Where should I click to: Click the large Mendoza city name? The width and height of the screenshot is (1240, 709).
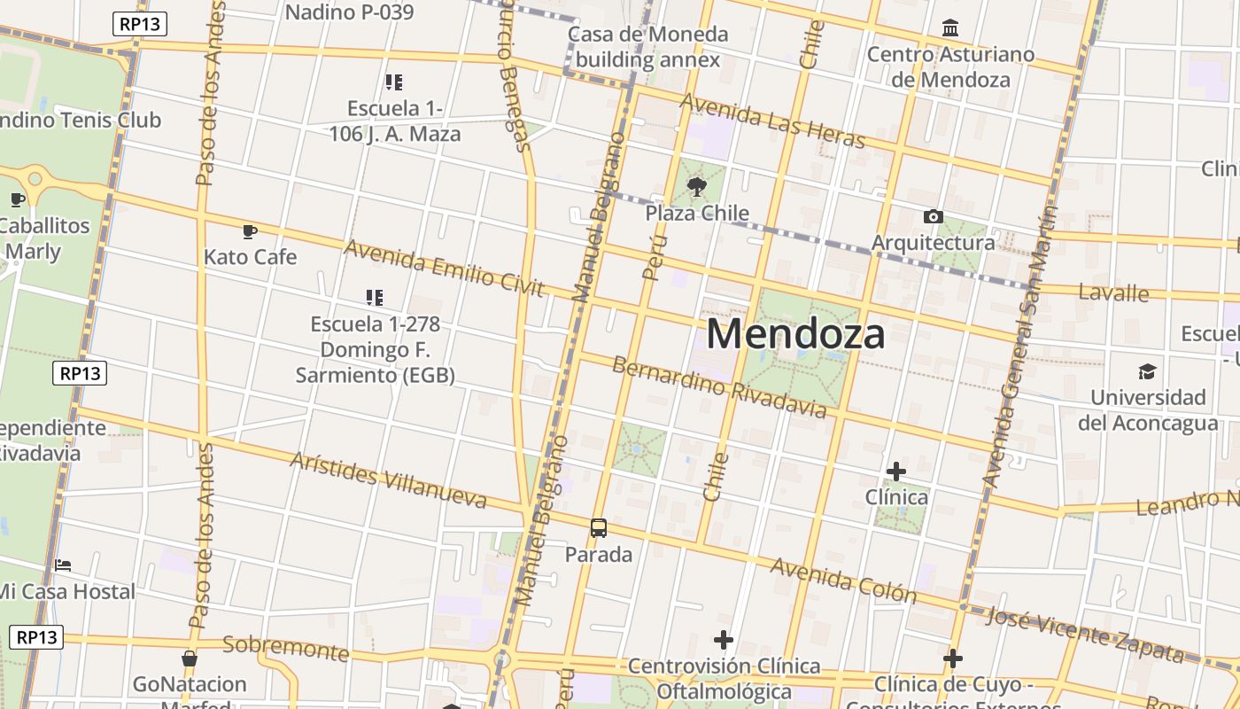click(x=795, y=335)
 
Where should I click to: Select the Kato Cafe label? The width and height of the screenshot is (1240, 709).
click(x=250, y=257)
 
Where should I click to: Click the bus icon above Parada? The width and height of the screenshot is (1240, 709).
click(x=599, y=528)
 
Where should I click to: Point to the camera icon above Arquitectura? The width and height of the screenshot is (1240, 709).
click(x=933, y=216)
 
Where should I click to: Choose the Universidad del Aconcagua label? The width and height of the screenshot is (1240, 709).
click(x=1148, y=409)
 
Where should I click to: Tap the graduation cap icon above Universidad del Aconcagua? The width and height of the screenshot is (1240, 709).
click(x=1148, y=371)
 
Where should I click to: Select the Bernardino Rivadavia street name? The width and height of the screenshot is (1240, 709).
click(x=719, y=387)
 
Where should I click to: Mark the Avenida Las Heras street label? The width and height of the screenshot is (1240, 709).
click(x=771, y=121)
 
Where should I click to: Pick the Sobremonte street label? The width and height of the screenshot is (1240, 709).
click(x=285, y=647)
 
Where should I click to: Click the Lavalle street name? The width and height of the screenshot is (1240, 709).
click(x=1114, y=292)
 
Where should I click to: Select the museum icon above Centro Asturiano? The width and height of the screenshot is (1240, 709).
click(x=950, y=28)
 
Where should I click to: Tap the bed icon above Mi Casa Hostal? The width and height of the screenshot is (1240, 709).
click(x=63, y=565)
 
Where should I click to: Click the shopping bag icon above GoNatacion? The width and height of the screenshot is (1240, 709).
click(x=189, y=658)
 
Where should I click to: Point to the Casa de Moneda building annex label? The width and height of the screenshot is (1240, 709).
click(x=647, y=47)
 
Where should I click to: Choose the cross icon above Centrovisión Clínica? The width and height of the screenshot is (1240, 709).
click(x=724, y=639)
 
